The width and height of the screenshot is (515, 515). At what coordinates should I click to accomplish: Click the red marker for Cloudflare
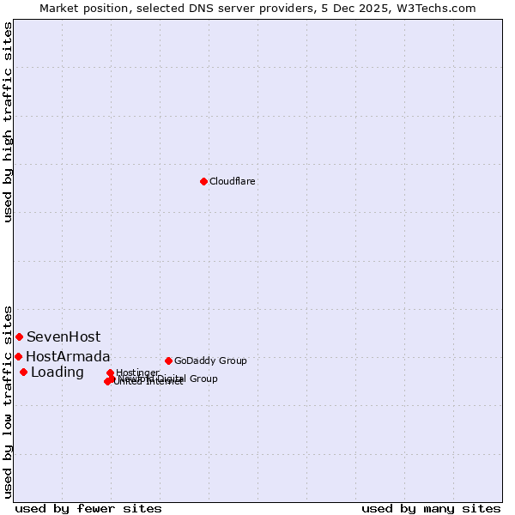tap(203, 181)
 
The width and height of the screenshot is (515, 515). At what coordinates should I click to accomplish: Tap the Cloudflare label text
tap(233, 181)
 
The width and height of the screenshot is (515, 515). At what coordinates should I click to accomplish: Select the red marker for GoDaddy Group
tap(168, 360)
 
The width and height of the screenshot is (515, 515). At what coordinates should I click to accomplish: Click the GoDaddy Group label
tap(210, 360)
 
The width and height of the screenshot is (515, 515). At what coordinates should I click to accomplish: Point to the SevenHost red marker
tap(19, 336)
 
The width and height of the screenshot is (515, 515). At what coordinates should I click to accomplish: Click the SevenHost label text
tap(64, 336)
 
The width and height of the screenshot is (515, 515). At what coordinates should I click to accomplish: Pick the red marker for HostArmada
tap(18, 356)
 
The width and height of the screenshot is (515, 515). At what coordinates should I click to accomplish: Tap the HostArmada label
tap(68, 356)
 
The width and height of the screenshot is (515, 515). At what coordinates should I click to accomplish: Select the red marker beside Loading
tap(23, 372)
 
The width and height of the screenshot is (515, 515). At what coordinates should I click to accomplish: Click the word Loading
tap(58, 372)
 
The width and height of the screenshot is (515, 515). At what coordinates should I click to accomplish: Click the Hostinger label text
tap(137, 373)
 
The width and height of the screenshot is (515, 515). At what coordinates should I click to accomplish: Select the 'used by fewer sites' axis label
tap(88, 508)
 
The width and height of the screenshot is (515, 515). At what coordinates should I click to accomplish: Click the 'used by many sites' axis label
tap(431, 508)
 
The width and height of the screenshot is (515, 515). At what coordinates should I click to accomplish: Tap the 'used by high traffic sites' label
tap(8, 122)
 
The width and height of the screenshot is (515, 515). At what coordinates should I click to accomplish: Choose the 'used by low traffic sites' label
tap(8, 401)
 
